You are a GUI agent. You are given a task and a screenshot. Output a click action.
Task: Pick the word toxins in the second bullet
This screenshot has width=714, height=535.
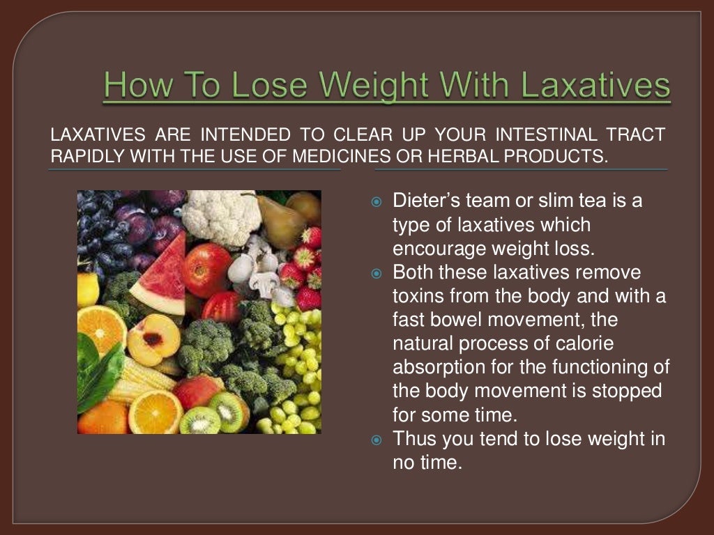coord(420,296)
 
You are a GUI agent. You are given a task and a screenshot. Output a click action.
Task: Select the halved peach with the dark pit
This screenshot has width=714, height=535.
coord(154,340)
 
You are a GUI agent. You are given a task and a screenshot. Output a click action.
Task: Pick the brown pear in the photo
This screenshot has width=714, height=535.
coord(281,220)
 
